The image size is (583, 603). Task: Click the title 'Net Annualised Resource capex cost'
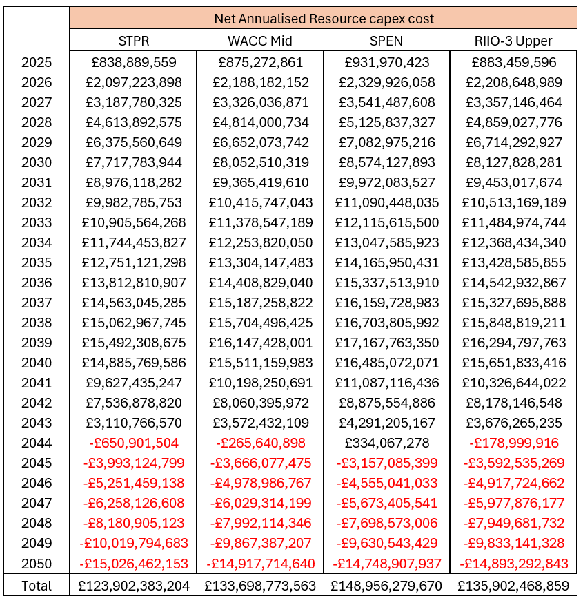(324, 19)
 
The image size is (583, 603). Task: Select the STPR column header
(134, 41)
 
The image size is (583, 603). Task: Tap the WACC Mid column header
(260, 41)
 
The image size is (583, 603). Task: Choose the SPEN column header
(386, 41)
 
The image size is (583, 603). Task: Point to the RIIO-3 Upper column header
(513, 41)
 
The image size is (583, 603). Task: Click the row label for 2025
(36, 63)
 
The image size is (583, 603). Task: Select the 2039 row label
(36, 343)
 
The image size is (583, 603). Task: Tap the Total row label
(36, 586)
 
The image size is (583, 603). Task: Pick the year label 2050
(36, 564)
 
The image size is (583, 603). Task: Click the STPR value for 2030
(134, 163)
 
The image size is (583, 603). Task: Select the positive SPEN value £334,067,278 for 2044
(386, 443)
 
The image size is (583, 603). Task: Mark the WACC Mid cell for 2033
(260, 223)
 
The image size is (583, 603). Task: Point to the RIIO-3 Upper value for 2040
(513, 363)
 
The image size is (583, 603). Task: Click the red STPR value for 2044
(134, 443)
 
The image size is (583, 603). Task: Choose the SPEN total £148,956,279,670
(386, 586)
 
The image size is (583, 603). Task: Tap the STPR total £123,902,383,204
(134, 586)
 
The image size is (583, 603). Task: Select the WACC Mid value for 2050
(260, 564)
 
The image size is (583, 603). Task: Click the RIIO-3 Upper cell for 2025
(513, 63)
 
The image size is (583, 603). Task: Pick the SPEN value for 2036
(386, 283)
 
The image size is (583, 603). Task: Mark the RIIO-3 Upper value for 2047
(513, 504)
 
